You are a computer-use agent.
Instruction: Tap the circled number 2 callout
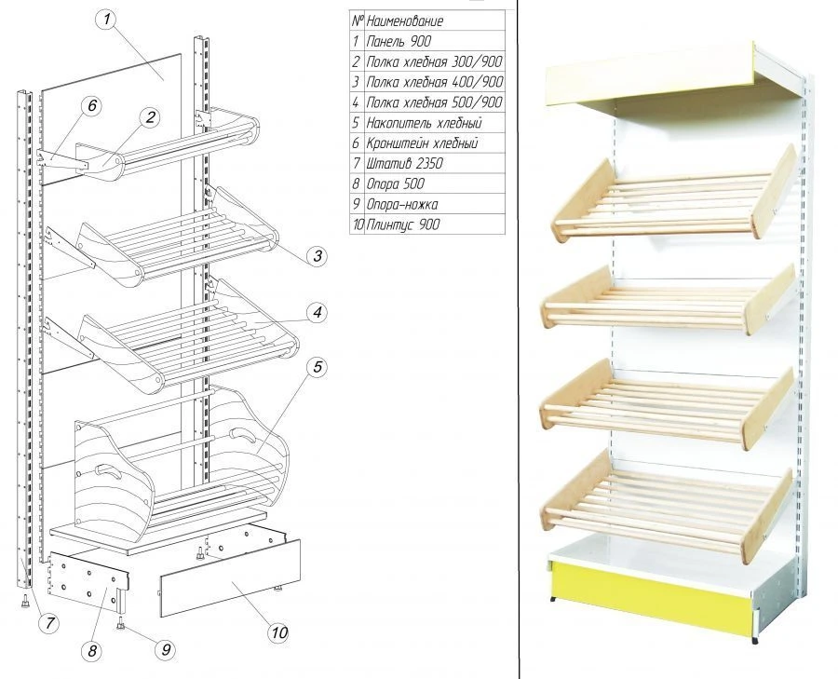point(149,116)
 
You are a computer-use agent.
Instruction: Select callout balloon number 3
point(316,255)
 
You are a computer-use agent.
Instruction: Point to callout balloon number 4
point(318,313)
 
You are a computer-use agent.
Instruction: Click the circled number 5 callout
point(318,367)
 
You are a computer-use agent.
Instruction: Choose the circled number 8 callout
point(91,651)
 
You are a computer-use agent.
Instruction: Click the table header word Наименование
point(405,20)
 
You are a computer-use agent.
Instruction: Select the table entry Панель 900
point(399,41)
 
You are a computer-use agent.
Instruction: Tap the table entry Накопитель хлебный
point(424,123)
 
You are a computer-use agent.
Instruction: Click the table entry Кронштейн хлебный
point(422,143)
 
